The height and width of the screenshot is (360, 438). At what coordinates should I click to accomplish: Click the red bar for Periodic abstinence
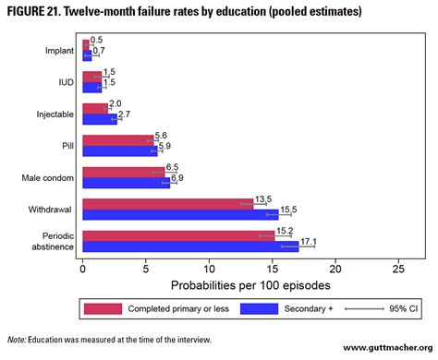tap(178, 235)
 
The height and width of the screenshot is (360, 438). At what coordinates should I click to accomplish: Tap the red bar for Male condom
tap(124, 172)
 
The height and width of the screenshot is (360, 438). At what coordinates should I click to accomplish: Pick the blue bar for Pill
tap(120, 150)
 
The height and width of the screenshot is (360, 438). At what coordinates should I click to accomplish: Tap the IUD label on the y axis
tap(65, 81)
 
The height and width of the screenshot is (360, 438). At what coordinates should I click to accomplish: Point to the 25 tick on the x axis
tap(398, 270)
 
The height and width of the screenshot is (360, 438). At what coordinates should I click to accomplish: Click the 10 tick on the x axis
tap(209, 270)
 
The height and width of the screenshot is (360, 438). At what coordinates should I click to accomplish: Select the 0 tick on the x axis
tap(83, 270)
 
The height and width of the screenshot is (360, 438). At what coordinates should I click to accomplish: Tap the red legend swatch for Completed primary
tap(102, 308)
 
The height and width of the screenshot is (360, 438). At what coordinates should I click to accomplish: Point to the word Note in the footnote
tap(16, 340)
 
